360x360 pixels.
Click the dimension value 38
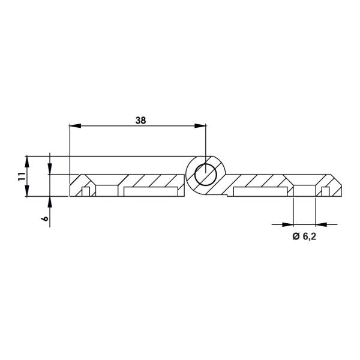coord(140,120)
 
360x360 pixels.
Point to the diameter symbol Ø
coord(295,237)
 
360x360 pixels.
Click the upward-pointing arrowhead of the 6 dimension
coord(50,201)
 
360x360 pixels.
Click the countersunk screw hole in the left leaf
coord(107,186)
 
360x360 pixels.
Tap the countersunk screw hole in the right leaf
coord(304,186)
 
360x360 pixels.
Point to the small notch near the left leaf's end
coord(86,192)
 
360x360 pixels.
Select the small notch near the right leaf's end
coord(325,192)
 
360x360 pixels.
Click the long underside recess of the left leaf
coord(151,191)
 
